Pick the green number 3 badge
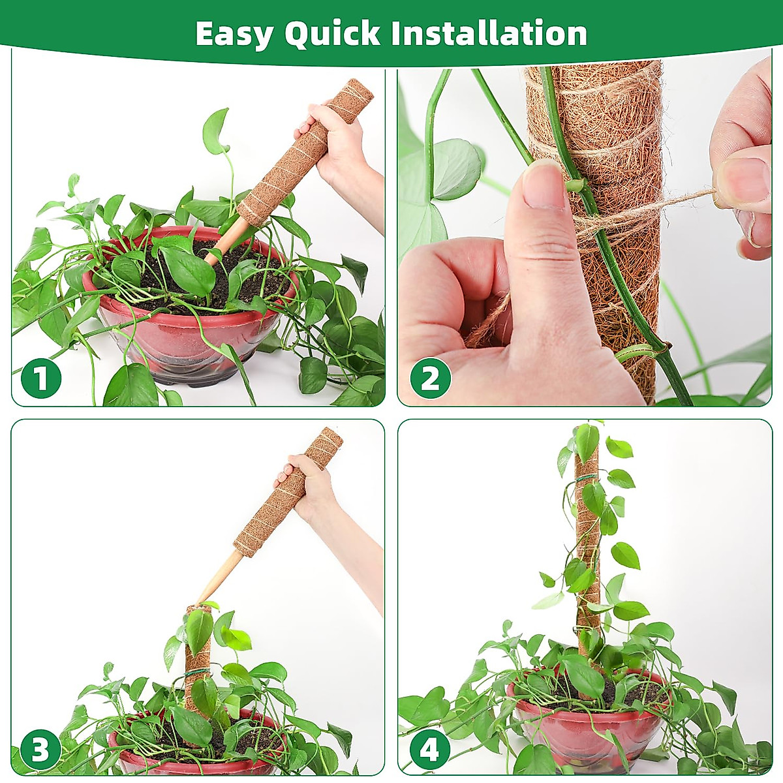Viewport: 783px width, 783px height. (40, 750)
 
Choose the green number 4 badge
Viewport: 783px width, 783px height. (430, 750)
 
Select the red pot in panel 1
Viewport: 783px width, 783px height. (176, 339)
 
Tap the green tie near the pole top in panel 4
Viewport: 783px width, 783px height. (587, 482)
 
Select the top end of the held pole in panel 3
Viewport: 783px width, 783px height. (330, 438)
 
